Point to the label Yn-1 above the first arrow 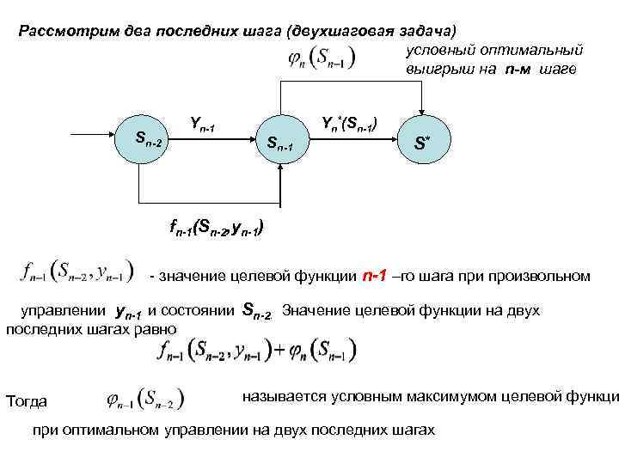203,125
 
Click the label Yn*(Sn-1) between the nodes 348,123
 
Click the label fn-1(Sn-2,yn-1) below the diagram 216,229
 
